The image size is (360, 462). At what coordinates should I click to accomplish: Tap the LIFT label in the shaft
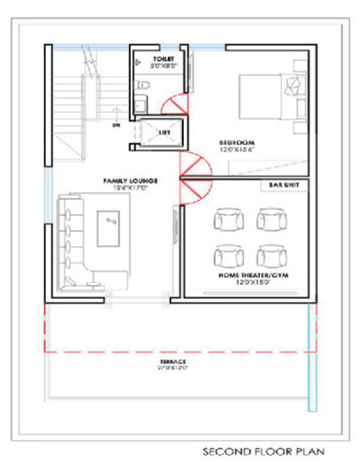pos(165,132)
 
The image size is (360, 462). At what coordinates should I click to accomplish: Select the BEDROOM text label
pos(238,142)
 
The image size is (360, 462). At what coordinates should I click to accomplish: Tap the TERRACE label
pos(174,363)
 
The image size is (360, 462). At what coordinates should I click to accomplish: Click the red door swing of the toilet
pos(177,102)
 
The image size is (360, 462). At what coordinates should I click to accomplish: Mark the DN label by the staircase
pos(116,126)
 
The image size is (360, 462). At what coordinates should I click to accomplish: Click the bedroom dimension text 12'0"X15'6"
pos(238,150)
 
